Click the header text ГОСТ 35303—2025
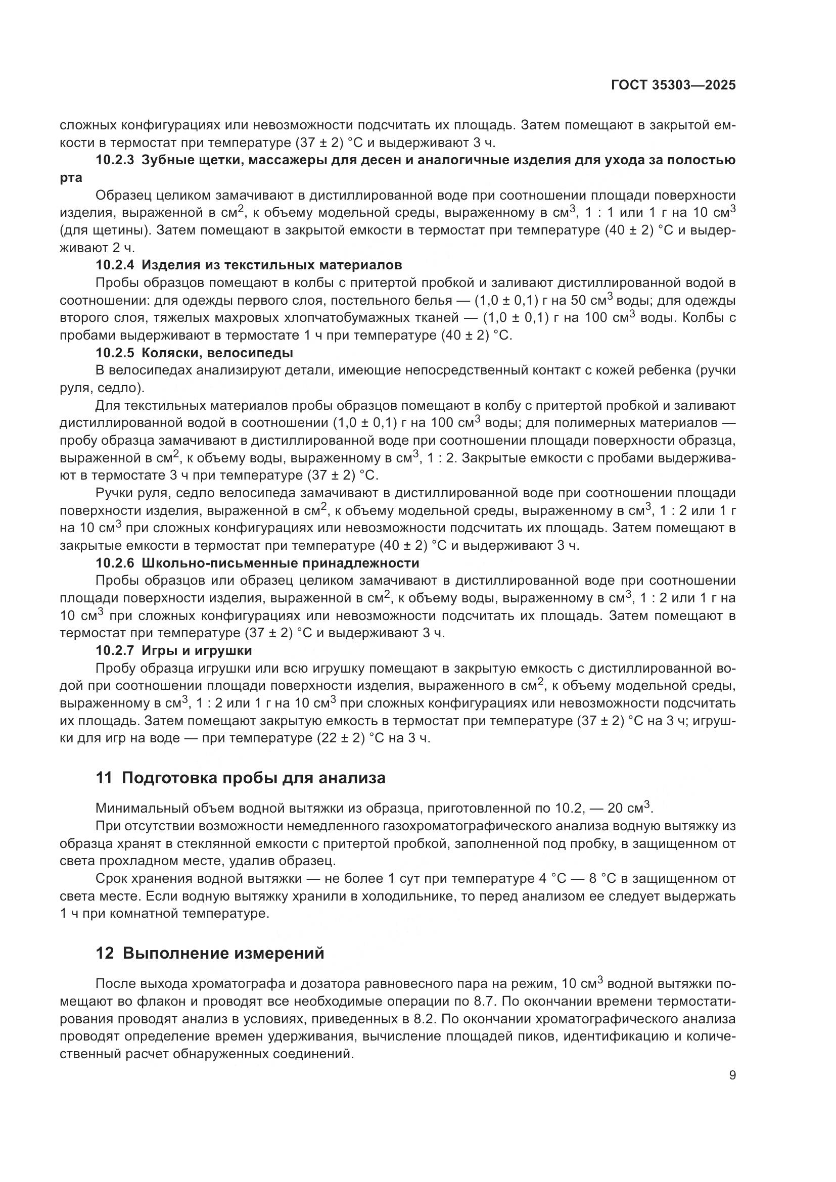[673, 85]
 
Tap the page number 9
[732, 1075]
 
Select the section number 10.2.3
[115, 160]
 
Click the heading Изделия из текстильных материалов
[272, 265]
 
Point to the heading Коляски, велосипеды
[217, 353]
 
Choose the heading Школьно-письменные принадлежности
[280, 562]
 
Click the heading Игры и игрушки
[197, 651]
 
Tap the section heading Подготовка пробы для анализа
[253, 778]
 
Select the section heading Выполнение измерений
[223, 954]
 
